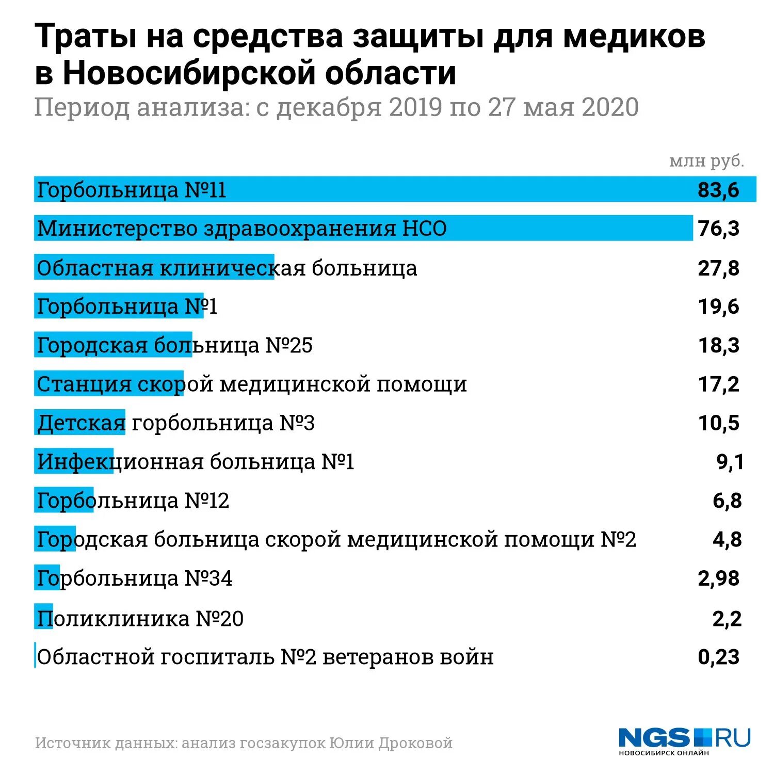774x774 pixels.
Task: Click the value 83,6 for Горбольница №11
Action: click(718, 190)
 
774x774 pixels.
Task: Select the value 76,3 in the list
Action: click(718, 229)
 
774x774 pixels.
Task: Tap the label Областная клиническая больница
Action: click(227, 268)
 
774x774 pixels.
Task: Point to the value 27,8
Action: click(718, 268)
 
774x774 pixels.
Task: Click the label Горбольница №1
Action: click(127, 307)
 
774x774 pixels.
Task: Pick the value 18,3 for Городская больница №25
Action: click(718, 345)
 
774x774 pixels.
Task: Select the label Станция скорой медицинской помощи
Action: click(251, 384)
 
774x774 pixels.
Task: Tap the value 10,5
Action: click(718, 423)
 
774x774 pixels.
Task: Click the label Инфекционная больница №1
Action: click(195, 462)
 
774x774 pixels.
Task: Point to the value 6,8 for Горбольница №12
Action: click(727, 501)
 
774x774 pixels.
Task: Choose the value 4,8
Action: click(727, 540)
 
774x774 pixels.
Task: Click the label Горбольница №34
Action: click(134, 578)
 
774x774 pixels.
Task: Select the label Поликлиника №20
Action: click(140, 618)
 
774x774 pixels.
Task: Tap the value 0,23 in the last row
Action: click(718, 657)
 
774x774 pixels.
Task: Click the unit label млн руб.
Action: click(706, 161)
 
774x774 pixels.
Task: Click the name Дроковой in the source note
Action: click(415, 743)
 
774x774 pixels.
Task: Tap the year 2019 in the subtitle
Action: click(415, 107)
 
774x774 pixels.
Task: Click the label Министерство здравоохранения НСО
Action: click(241, 229)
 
